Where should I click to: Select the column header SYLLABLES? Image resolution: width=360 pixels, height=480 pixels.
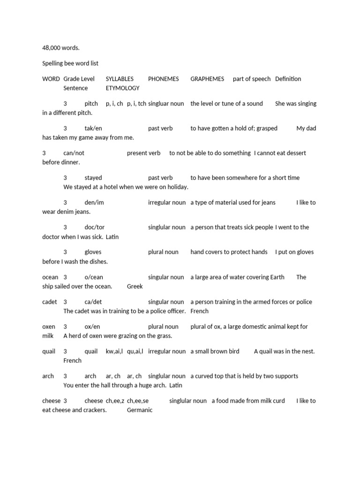click(120, 79)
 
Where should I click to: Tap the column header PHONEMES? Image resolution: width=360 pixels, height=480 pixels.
click(163, 79)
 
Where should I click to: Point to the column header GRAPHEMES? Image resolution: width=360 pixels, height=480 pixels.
click(207, 79)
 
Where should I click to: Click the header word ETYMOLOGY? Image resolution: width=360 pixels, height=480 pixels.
click(122, 88)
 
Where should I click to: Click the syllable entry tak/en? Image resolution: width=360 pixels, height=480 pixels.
click(93, 128)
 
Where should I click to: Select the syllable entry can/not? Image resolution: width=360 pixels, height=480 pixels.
click(74, 153)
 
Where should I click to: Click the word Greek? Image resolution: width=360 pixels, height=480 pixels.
click(135, 286)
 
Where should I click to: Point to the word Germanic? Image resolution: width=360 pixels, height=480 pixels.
click(140, 410)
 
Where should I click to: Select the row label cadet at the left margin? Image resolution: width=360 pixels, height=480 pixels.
click(49, 302)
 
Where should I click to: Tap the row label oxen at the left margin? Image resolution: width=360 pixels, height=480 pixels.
click(49, 327)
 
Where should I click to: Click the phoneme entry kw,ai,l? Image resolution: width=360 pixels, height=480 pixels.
click(114, 352)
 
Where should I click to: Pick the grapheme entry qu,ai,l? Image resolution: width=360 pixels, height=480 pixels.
click(135, 352)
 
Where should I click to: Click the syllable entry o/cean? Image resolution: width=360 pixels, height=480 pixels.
click(94, 277)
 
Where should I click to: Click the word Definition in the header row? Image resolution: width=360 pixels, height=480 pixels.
click(288, 79)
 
